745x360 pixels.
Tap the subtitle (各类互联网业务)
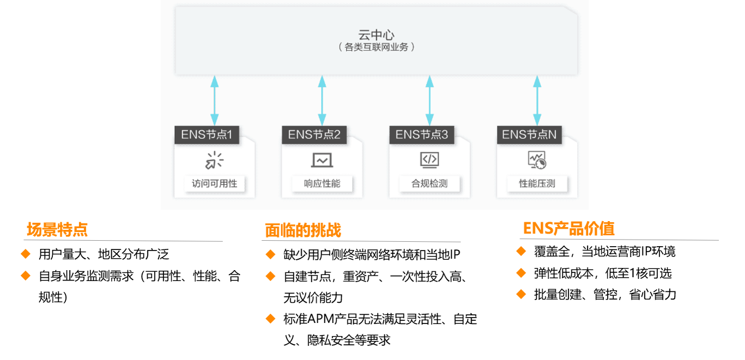click(x=376, y=47)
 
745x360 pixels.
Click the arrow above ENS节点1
click(x=215, y=101)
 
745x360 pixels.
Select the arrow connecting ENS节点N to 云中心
click(x=537, y=101)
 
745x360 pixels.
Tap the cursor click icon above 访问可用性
click(x=214, y=160)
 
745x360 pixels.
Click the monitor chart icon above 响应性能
click(x=322, y=160)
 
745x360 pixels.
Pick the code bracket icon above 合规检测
click(x=429, y=160)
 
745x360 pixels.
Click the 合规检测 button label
click(x=429, y=184)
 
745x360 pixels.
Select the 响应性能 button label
click(x=322, y=184)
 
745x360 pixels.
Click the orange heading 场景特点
click(x=57, y=230)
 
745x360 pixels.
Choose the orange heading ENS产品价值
click(x=568, y=228)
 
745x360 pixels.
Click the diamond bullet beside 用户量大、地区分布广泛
click(x=26, y=254)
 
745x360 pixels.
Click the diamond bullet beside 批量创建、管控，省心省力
click(x=521, y=294)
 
